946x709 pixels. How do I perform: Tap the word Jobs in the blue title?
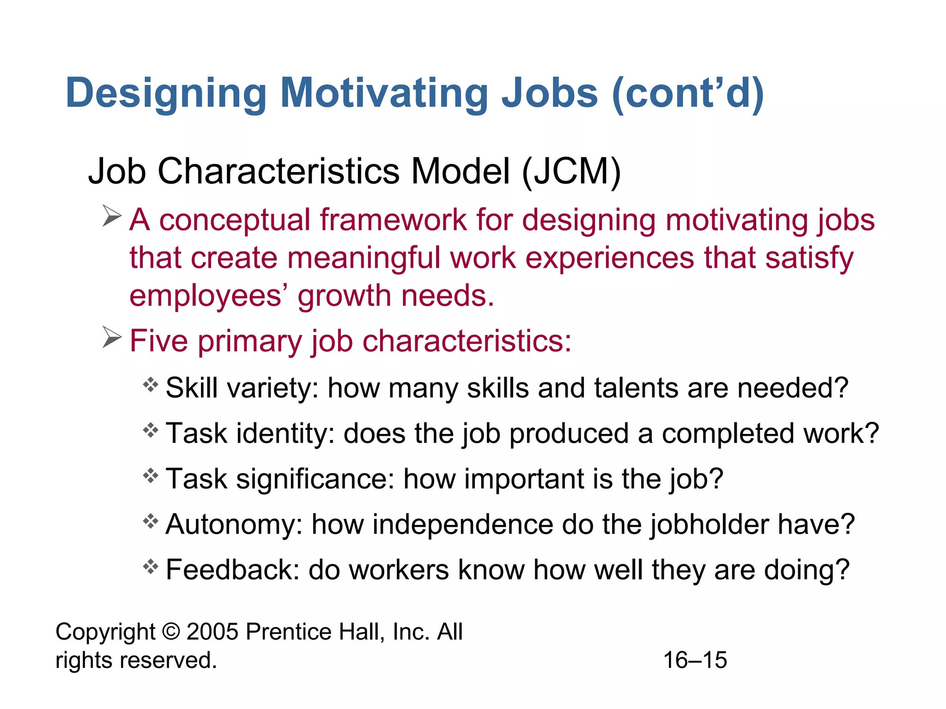550,94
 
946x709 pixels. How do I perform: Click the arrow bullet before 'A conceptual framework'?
112,216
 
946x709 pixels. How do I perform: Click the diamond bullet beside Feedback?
151,566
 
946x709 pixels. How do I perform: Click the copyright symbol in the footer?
171,632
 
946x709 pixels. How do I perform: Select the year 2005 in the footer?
212,632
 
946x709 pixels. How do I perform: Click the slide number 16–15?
695,660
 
